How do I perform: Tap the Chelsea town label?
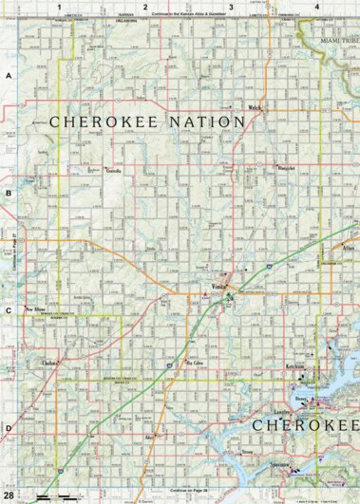[50, 364]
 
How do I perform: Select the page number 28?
[9, 495]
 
